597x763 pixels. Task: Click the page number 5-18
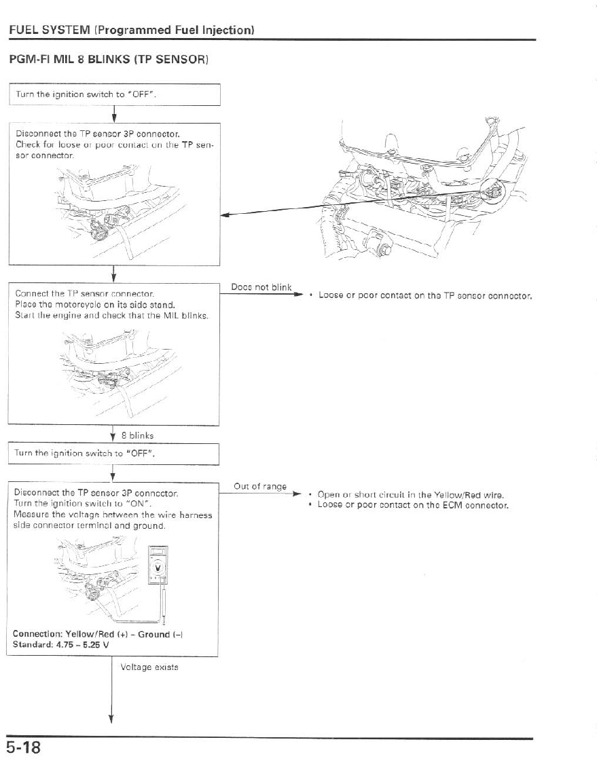tap(24, 748)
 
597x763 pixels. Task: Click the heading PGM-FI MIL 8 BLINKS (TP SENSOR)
tap(108, 59)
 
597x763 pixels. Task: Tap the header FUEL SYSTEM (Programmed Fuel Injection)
tap(132, 30)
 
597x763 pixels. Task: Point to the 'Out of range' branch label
tap(259, 486)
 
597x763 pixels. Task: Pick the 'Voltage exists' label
tap(149, 667)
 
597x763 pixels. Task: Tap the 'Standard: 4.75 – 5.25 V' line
tap(60, 644)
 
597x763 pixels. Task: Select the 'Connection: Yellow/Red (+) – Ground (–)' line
tap(98, 634)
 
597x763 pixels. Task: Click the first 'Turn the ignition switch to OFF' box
tap(114, 94)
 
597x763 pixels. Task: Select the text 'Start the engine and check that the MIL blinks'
tap(111, 316)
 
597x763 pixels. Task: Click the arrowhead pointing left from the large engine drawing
tap(227, 215)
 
